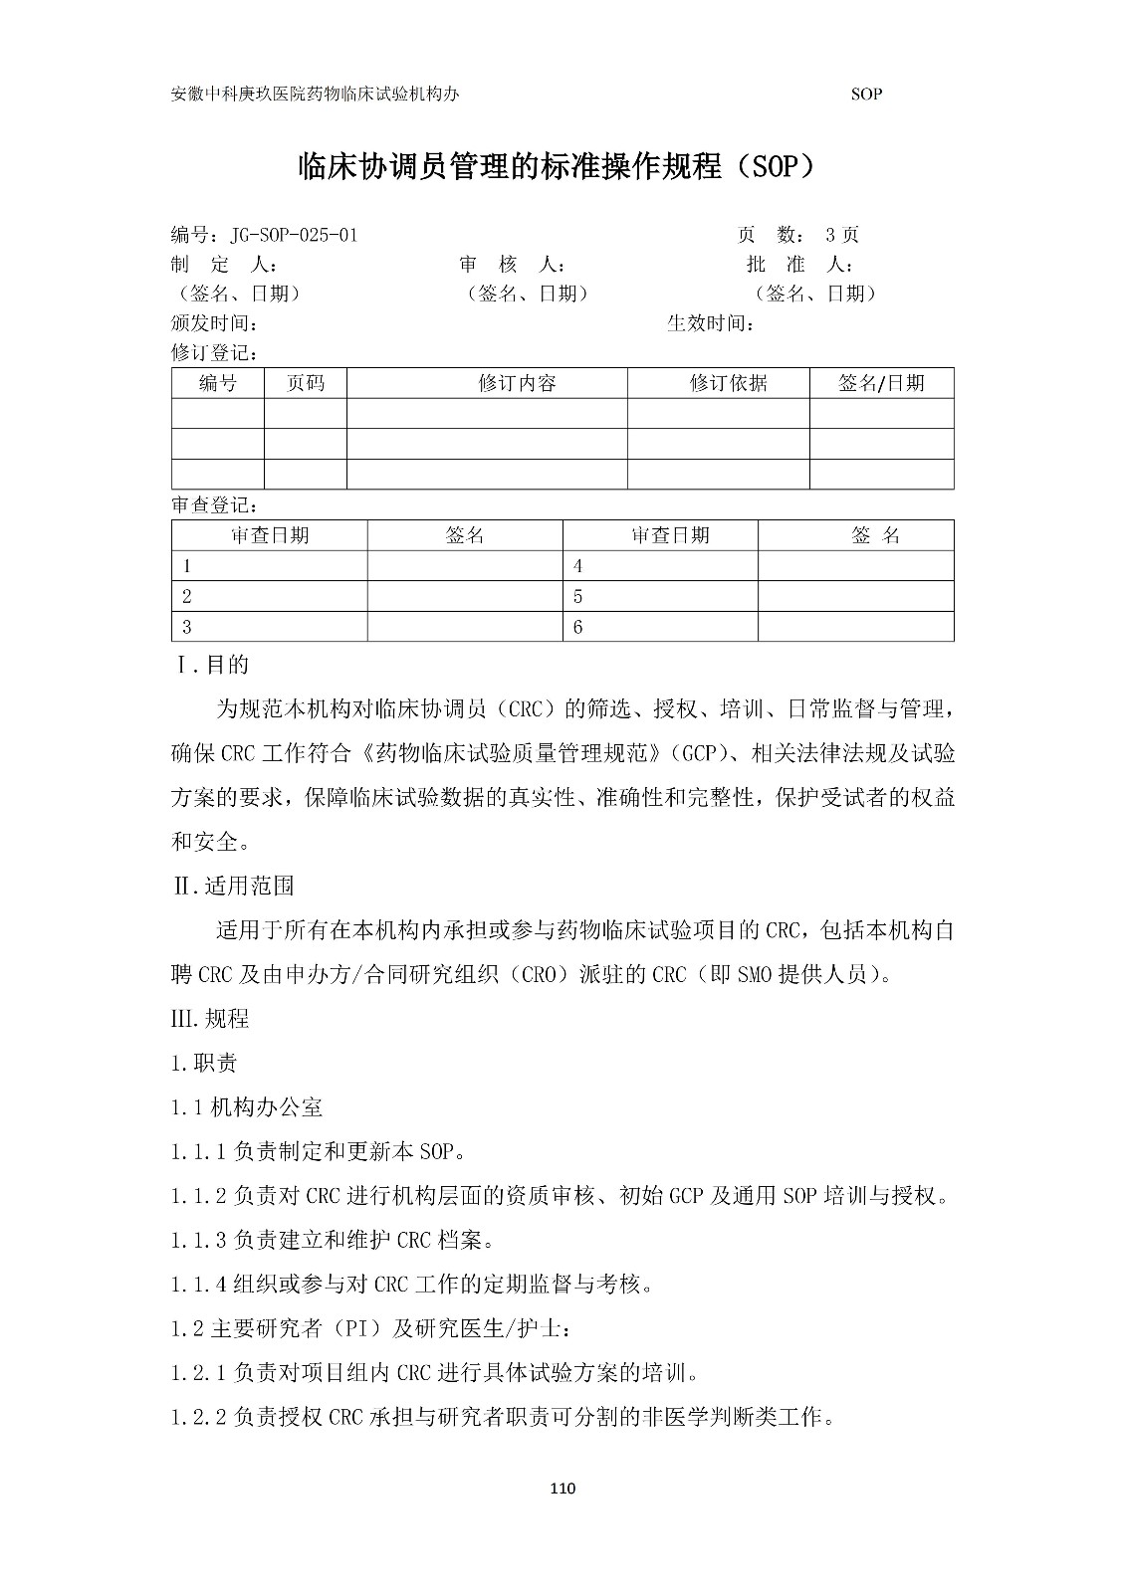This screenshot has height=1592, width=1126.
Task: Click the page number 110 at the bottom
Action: click(x=563, y=1489)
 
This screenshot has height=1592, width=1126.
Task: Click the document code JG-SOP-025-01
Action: click(x=294, y=236)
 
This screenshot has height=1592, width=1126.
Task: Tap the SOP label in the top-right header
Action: click(x=867, y=95)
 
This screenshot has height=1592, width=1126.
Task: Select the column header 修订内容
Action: click(x=517, y=383)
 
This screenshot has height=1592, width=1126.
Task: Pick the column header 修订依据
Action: click(x=728, y=383)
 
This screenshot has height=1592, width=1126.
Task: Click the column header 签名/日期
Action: click(x=881, y=383)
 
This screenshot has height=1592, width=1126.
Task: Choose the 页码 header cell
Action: click(x=306, y=383)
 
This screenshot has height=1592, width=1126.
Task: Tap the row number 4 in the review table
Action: click(x=578, y=566)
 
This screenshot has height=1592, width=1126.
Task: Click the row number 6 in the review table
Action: click(x=578, y=627)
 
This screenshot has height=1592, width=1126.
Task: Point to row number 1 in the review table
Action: click(x=187, y=566)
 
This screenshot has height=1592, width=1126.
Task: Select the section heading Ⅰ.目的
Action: click(x=213, y=665)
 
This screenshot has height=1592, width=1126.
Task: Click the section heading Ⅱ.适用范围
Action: click(x=234, y=886)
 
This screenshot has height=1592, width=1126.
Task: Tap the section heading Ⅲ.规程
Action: click(x=211, y=1019)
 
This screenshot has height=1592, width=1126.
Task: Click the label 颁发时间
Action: click(x=215, y=323)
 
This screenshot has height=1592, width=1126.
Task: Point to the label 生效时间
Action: click(x=710, y=323)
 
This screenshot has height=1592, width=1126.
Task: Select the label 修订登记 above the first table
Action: click(x=215, y=353)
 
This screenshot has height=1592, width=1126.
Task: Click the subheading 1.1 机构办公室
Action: click(x=247, y=1106)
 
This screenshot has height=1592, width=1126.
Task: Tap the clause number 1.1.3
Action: click(x=199, y=1240)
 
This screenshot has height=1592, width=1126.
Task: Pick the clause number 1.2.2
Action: click(x=199, y=1417)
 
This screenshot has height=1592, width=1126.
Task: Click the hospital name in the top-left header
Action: click(x=316, y=95)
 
